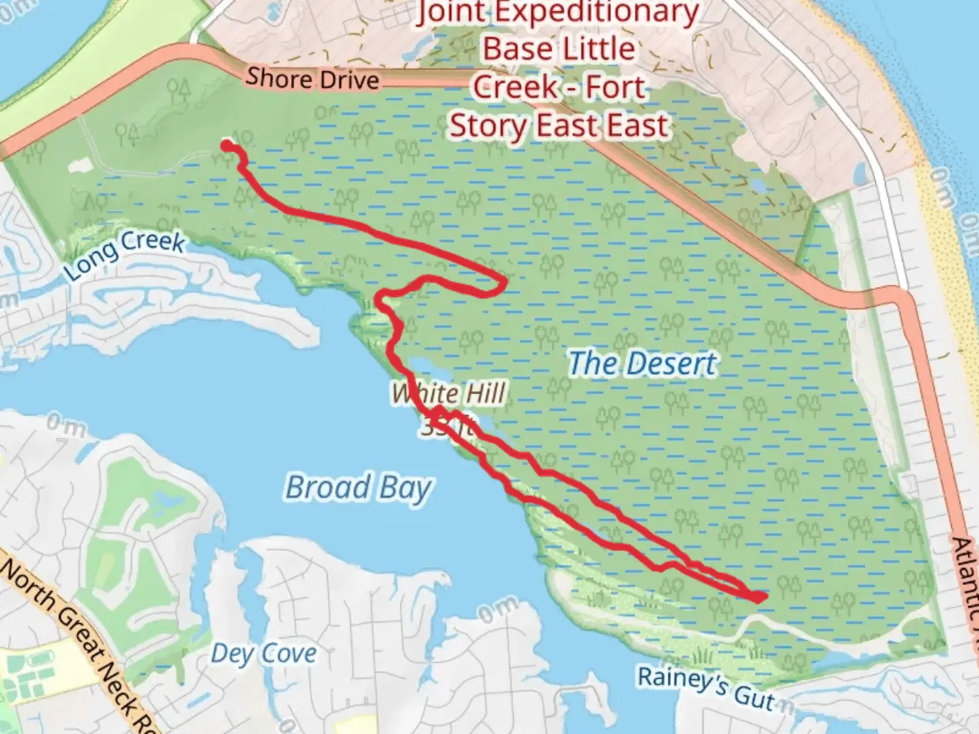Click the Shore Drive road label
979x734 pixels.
point(312,79)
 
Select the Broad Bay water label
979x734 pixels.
point(358,488)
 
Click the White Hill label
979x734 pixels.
point(449,394)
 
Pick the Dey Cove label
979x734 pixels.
point(264,654)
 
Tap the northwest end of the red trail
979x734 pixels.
point(226,145)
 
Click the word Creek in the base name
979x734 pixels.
point(513,87)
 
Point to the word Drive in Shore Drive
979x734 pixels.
point(349,80)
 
